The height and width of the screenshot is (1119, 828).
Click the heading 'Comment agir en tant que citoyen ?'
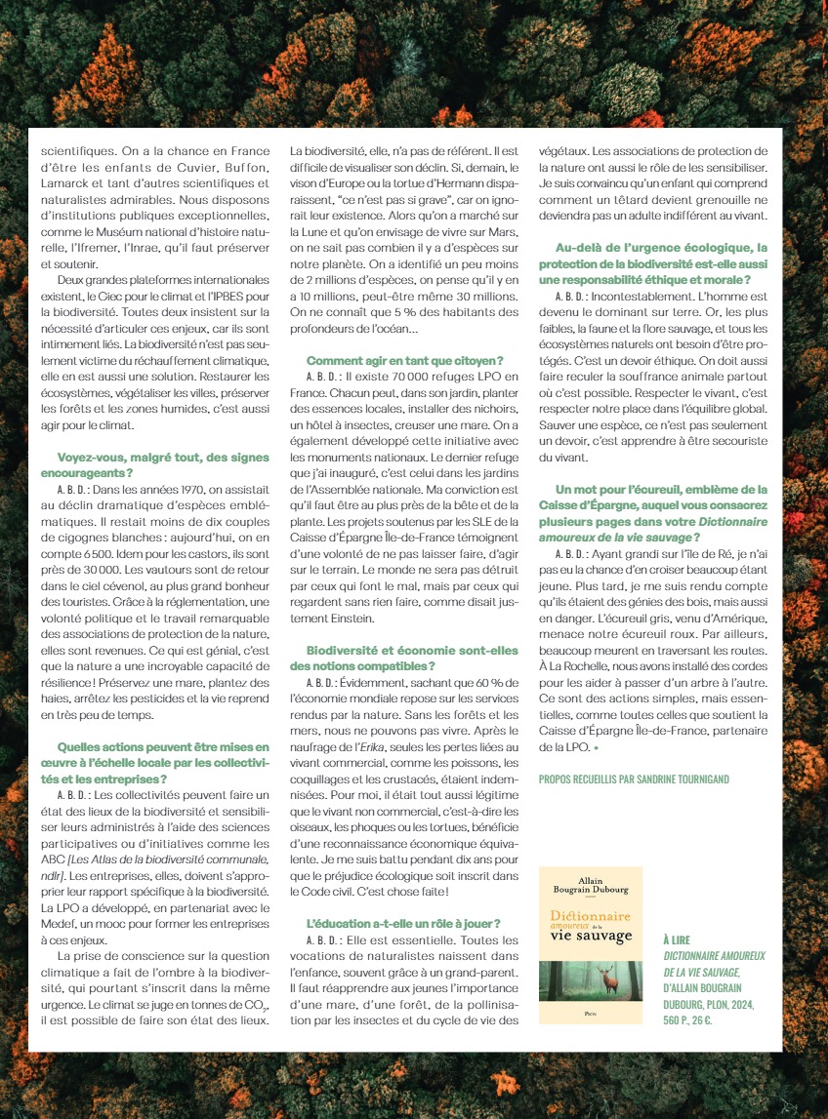coord(404,360)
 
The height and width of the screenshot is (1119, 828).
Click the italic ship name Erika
coord(382,746)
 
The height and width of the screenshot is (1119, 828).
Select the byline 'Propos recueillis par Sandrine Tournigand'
coord(634,779)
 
